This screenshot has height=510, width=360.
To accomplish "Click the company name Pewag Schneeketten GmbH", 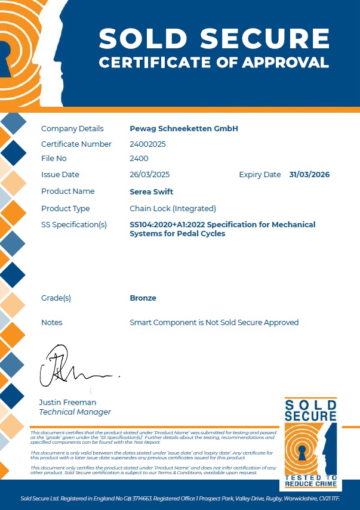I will [184, 128].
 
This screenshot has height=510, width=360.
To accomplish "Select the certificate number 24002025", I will [147, 144].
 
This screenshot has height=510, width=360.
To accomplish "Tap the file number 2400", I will [139, 159].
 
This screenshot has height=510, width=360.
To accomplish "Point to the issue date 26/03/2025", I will [150, 175].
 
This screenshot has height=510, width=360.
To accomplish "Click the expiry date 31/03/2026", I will [309, 175].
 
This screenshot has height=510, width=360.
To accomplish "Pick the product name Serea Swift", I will [151, 191].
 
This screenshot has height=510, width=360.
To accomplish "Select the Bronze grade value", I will [143, 298].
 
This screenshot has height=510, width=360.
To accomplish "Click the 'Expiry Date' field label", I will [260, 175].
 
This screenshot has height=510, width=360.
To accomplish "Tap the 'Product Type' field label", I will [66, 208].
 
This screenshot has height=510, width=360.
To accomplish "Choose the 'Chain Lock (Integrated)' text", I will [173, 208].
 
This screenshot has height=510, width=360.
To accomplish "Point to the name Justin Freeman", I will [67, 402].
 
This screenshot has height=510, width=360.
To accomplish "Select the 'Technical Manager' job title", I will [75, 412].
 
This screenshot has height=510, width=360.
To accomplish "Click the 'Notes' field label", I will [52, 322].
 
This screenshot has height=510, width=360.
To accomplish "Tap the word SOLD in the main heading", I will [144, 39].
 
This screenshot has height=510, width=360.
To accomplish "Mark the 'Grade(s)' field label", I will [56, 298].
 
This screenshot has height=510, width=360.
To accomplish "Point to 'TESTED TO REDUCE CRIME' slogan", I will [310, 481].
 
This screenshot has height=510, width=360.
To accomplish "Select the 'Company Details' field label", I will [72, 128].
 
